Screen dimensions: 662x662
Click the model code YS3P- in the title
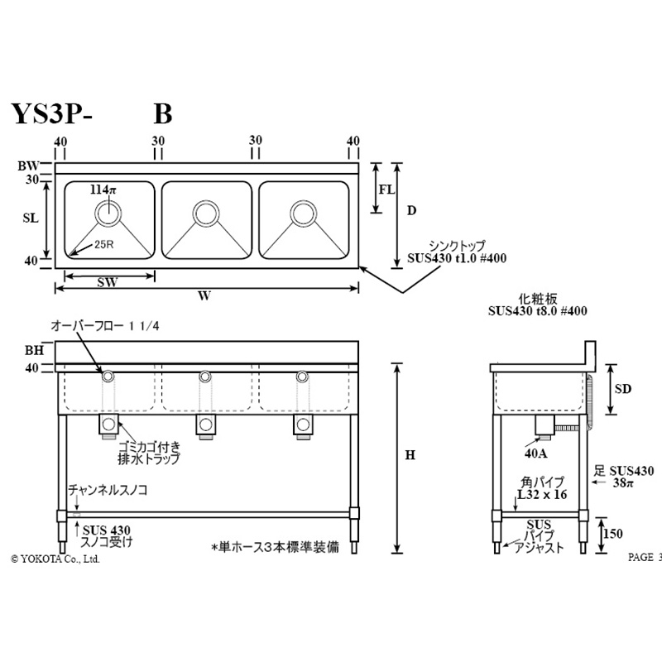coord(51,114)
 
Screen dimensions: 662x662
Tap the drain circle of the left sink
coord(108,213)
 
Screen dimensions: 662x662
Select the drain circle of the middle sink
coord(205,213)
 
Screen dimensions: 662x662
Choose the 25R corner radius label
coord(104,244)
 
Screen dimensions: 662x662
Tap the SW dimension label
coord(106,281)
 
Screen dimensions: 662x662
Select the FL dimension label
coord(386,189)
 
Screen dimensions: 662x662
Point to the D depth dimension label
coord(411,210)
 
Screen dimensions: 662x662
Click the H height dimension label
coord(410,457)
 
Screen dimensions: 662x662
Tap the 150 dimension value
coord(613,535)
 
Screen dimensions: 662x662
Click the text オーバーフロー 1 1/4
coord(105,328)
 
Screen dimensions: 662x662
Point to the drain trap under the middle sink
coord(205,425)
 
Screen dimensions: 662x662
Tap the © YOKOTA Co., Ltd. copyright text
coord(55,559)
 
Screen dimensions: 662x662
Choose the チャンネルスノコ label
coord(108,490)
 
